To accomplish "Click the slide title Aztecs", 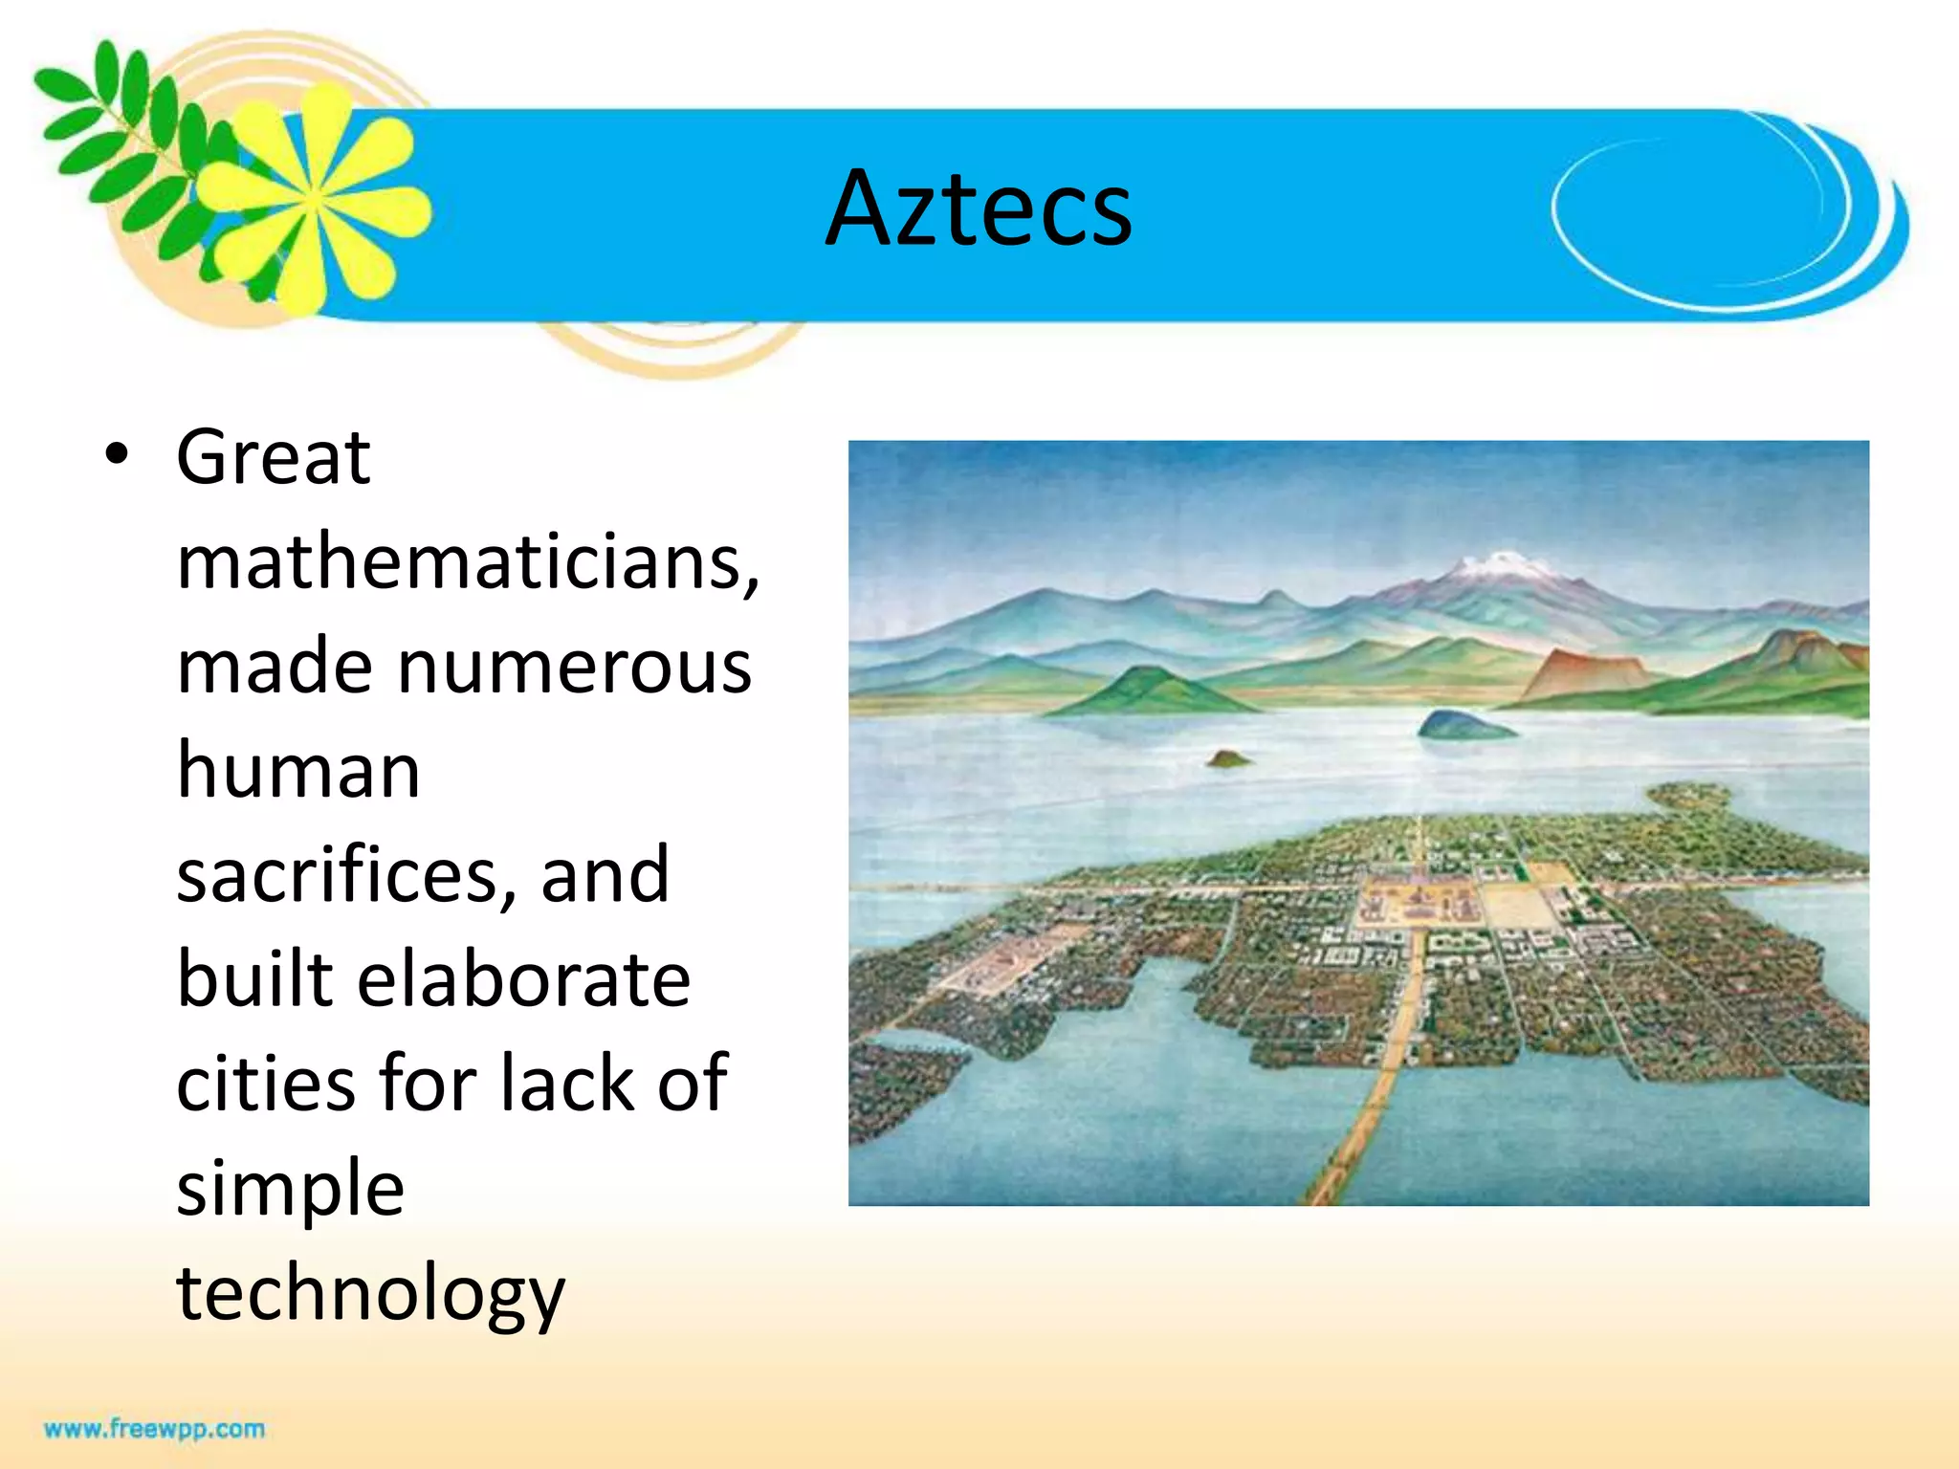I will click(979, 208).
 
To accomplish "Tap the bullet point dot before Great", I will click(117, 455).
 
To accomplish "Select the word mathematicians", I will click(467, 561).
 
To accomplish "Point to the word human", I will click(298, 770).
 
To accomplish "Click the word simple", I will click(291, 1189).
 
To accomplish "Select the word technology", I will click(371, 1293).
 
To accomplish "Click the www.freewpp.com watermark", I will click(154, 1429).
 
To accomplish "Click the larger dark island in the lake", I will click(1462, 725).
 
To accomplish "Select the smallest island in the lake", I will click(1228, 759).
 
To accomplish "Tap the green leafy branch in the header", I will click(124, 143).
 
